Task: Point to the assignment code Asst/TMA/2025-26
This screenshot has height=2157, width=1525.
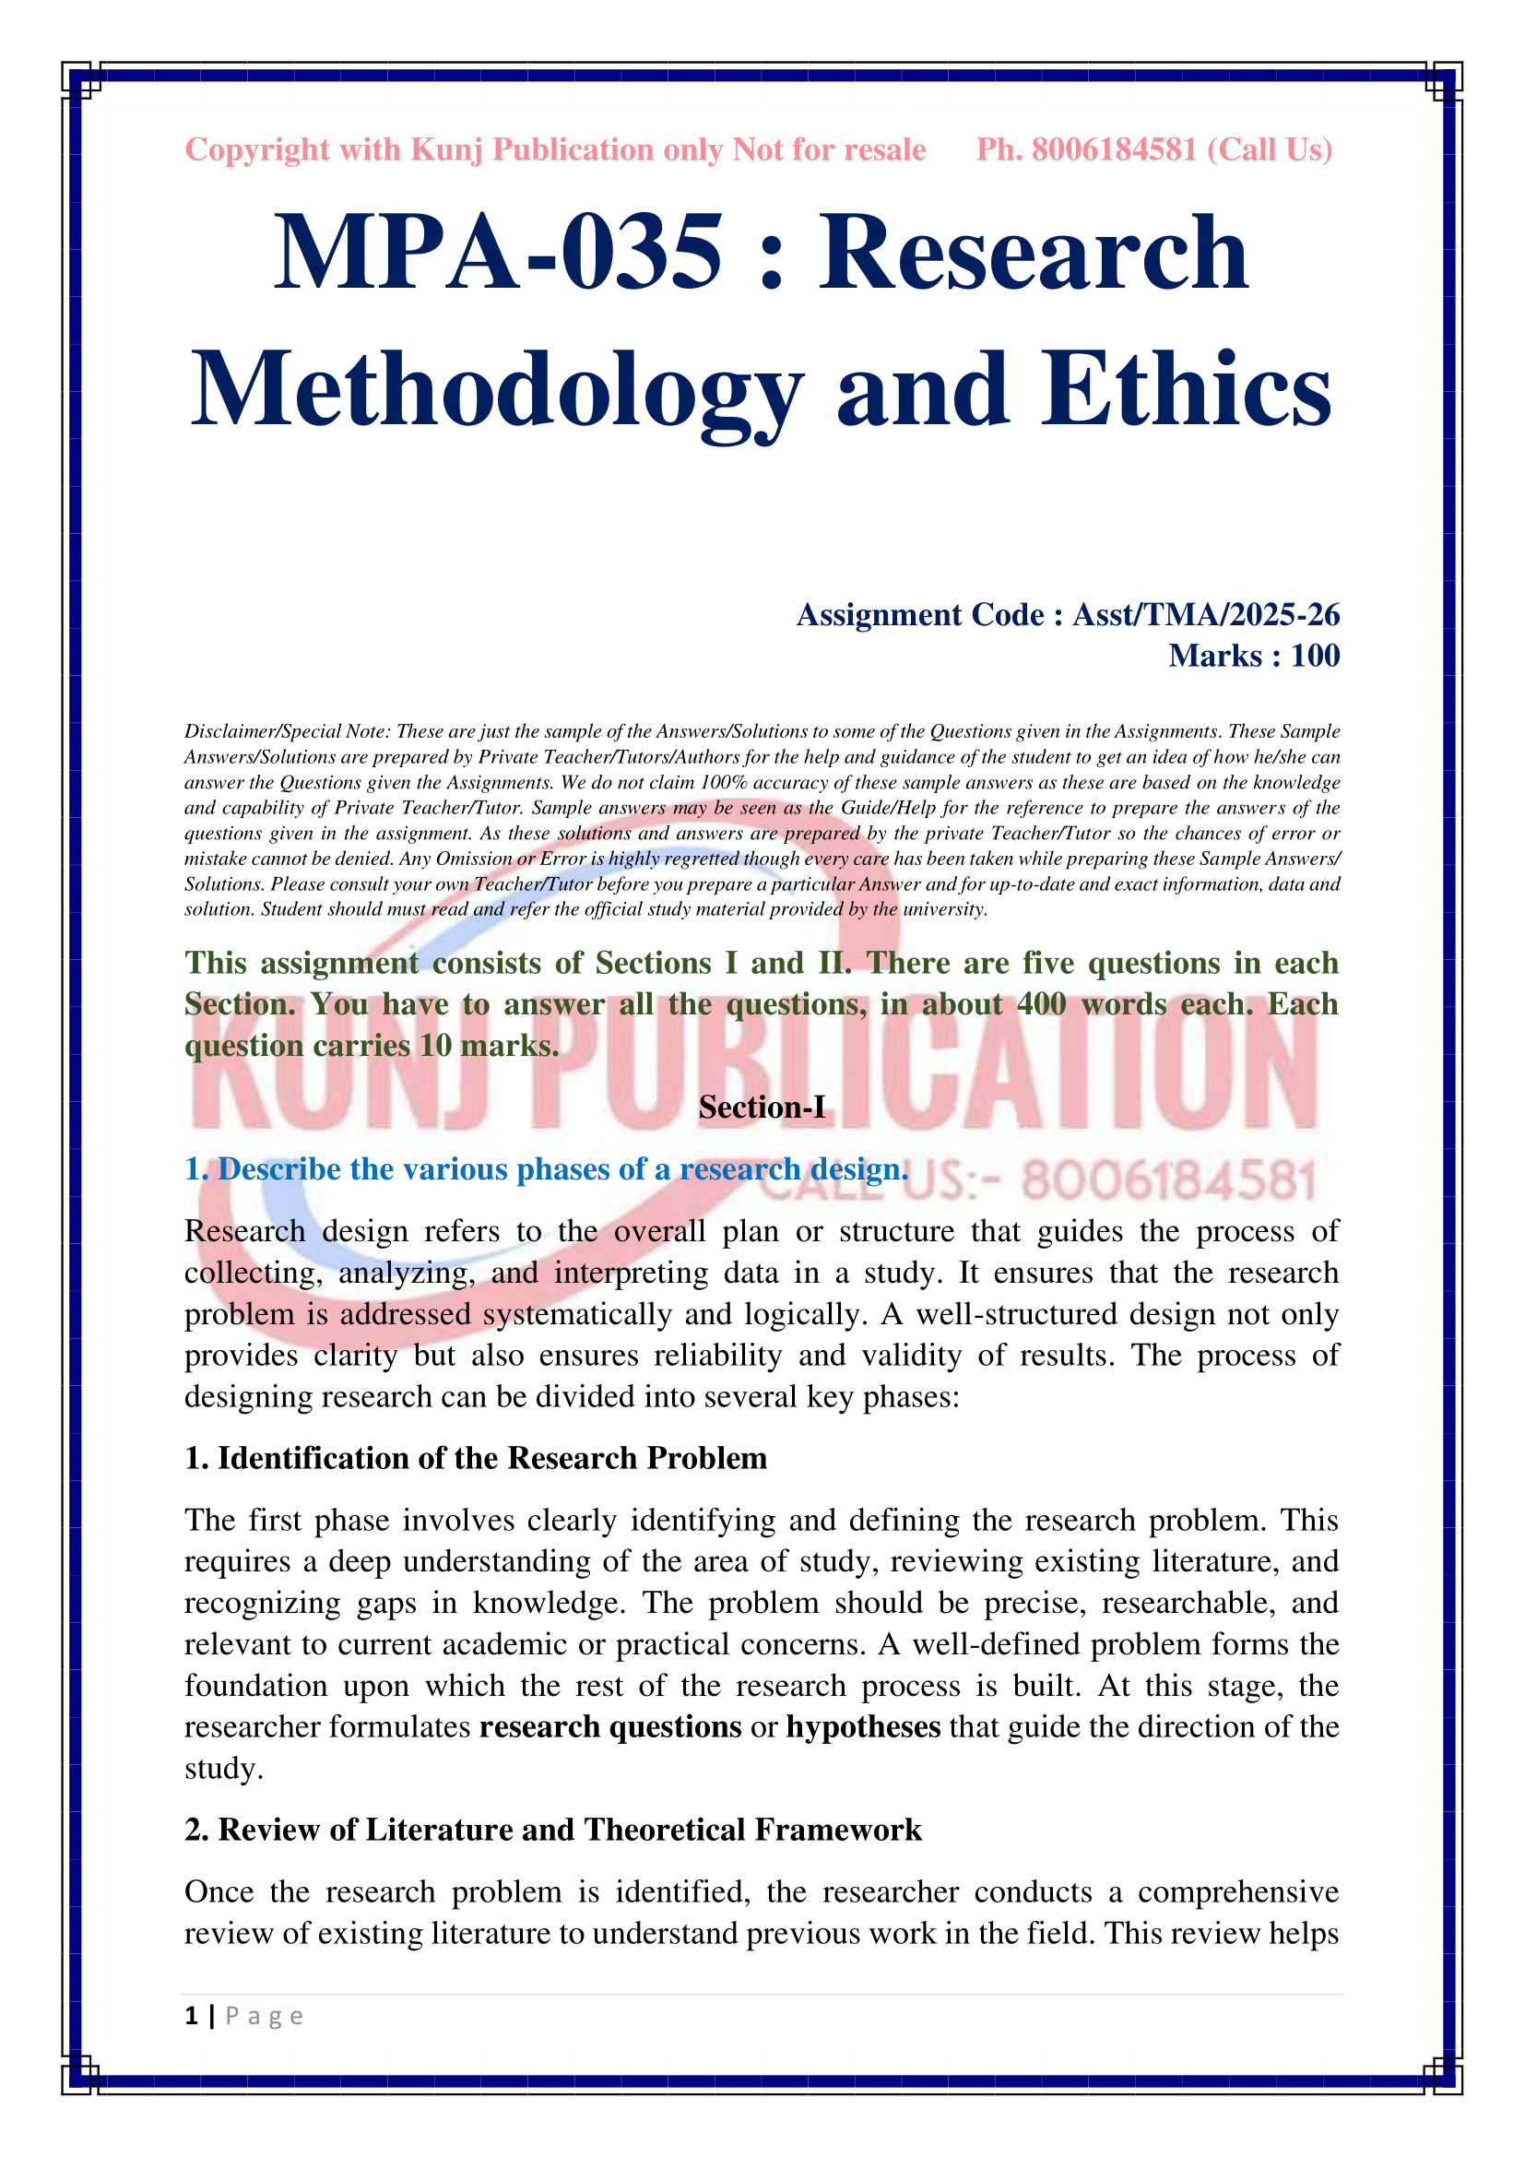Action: (x=1206, y=614)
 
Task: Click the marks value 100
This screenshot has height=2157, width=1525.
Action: (x=1315, y=656)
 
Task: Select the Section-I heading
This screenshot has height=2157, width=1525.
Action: (x=762, y=1108)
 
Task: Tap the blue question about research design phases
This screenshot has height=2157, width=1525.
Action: (x=547, y=1169)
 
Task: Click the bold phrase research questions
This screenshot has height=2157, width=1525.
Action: (x=610, y=1726)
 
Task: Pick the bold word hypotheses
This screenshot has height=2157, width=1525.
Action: (x=863, y=1726)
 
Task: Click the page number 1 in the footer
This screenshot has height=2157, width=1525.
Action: (x=192, y=2016)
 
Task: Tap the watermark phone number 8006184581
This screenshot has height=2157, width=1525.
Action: (x=1168, y=1181)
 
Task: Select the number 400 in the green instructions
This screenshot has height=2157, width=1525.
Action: (x=1041, y=1004)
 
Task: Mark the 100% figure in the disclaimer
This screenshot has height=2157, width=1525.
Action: (x=723, y=782)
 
